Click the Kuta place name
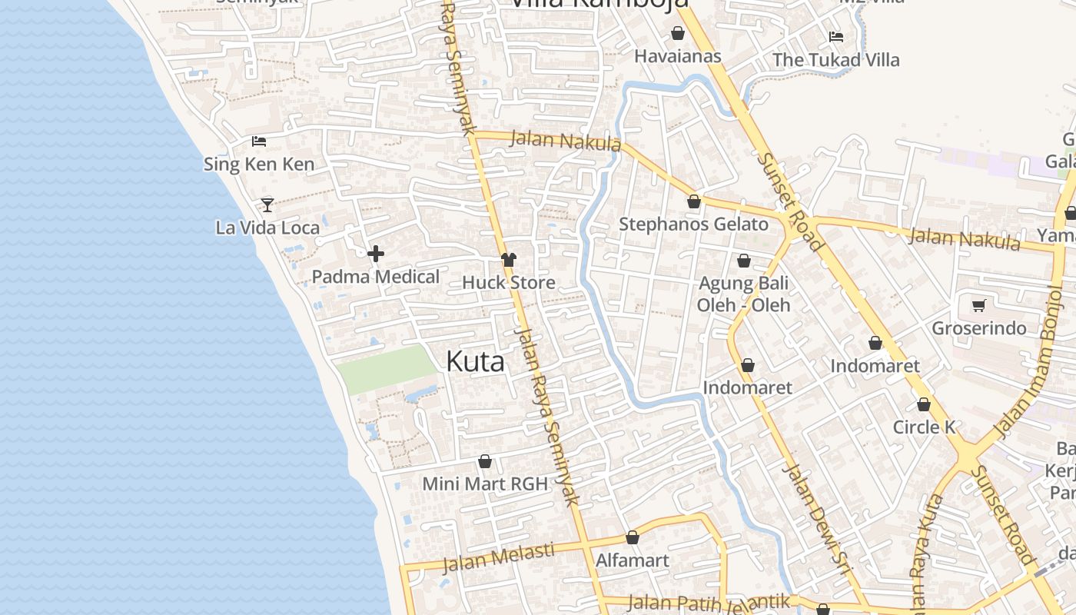(475, 361)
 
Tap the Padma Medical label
(376, 277)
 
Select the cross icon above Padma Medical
(376, 254)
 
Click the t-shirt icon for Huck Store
(508, 260)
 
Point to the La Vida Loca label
(267, 228)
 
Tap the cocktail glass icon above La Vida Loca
(267, 204)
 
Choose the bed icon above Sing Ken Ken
(259, 141)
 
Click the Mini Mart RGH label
(485, 484)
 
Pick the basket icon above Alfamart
(633, 537)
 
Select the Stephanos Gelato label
(693, 224)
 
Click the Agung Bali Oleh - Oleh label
(743, 294)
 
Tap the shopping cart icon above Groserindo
(978, 306)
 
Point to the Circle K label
(924, 427)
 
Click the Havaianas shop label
(678, 56)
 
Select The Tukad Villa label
(835, 60)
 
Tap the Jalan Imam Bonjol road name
(1028, 361)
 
